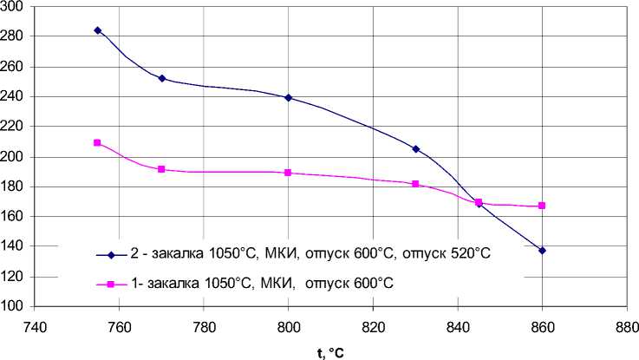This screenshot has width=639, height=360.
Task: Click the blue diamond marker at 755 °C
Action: click(98, 30)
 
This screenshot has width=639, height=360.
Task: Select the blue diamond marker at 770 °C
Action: click(162, 78)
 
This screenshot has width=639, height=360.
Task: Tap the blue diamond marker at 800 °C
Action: click(289, 97)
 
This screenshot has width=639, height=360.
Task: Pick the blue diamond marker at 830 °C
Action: click(416, 149)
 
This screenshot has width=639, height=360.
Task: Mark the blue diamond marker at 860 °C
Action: click(543, 251)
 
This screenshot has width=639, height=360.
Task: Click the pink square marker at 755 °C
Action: click(98, 143)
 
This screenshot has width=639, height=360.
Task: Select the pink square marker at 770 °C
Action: click(162, 169)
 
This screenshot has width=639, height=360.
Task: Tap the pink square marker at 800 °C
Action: click(289, 173)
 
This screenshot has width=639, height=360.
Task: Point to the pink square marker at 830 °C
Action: click(416, 184)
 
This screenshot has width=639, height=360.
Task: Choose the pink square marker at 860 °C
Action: click(543, 206)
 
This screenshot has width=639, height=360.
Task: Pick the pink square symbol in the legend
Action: click(111, 284)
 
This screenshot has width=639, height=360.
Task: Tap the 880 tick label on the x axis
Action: click(627, 329)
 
